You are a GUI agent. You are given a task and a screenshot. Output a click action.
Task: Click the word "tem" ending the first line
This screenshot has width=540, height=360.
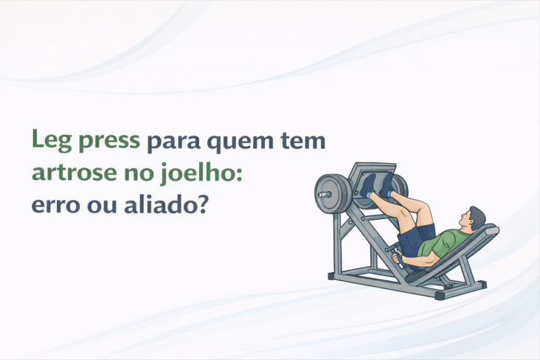click(x=304, y=140)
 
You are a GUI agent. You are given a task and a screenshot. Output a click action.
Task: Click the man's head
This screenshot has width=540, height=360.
click(x=473, y=218)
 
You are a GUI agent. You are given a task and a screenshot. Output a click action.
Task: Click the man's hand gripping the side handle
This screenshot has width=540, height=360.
click(x=399, y=259)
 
